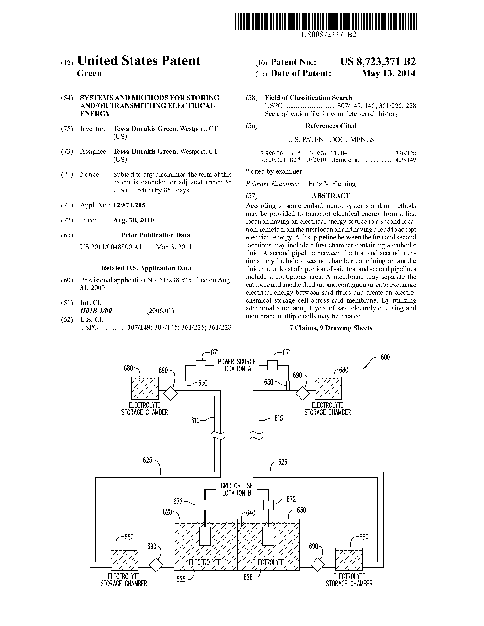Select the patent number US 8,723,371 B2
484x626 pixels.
coord(378,62)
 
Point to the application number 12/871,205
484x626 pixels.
coord(129,205)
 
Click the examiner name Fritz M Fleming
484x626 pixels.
coord(332,184)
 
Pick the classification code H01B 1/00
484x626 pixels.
coord(96,311)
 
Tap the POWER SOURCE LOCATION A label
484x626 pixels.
coord(236,365)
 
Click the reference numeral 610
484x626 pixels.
coord(195,421)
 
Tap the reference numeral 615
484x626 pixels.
coord(278,418)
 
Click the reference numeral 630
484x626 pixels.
coord(301,510)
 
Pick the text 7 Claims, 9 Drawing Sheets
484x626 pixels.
coord(331,328)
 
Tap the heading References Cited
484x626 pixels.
coord(331,126)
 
